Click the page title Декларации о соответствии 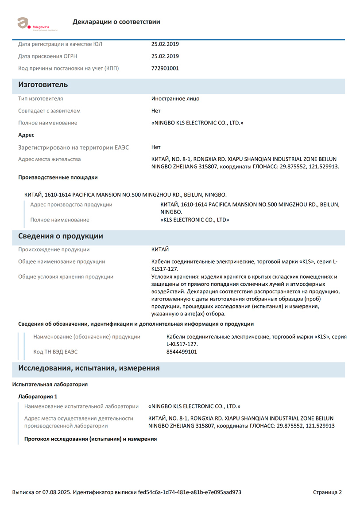tap(116, 22)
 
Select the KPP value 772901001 tap(165, 68)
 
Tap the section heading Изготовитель tap(43, 85)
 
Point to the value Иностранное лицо tap(175, 98)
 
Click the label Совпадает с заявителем tap(49, 111)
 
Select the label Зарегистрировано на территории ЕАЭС tap(74, 147)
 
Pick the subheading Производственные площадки tap(58, 177)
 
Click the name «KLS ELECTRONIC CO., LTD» tap(194, 220)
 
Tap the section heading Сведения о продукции tap(60, 236)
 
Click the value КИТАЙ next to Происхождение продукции tap(160, 249)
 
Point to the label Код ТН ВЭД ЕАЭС tap(58, 352)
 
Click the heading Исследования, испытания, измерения tap(89, 368)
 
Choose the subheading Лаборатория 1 tap(38, 397)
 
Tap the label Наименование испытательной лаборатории tap(81, 406)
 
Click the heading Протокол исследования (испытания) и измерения tap(90, 439)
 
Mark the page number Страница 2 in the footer tap(327, 492)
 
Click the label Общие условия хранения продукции tap(66, 277)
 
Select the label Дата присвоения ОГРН tap(49, 56)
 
